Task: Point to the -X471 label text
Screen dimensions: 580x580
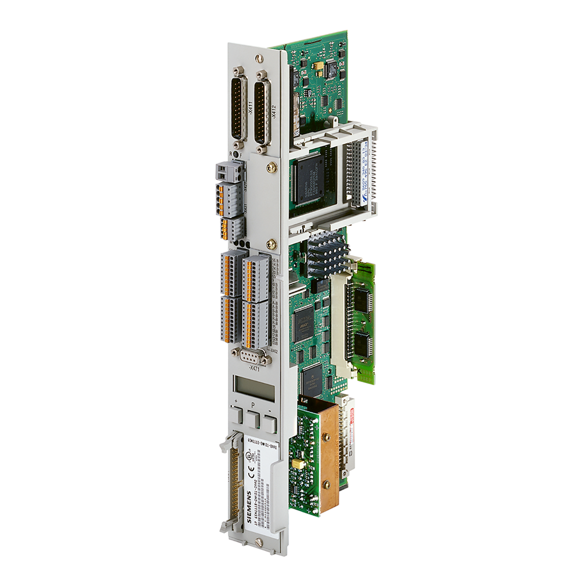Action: coord(254,369)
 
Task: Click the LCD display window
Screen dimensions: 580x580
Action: coord(253,387)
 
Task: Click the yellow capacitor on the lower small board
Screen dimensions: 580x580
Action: coord(300,463)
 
